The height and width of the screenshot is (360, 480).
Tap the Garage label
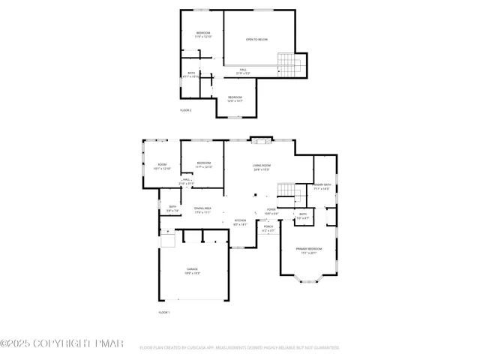click(x=193, y=268)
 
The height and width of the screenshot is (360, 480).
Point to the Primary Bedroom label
click(x=308, y=248)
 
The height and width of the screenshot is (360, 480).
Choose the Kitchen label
click(x=240, y=220)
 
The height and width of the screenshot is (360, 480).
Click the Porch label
click(x=268, y=226)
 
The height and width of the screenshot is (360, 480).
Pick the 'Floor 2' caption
click(x=185, y=110)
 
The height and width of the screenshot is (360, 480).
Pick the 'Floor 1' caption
click(x=164, y=311)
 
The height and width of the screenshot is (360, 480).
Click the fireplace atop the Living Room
click(x=259, y=139)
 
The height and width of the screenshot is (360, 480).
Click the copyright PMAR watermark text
click(x=61, y=343)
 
